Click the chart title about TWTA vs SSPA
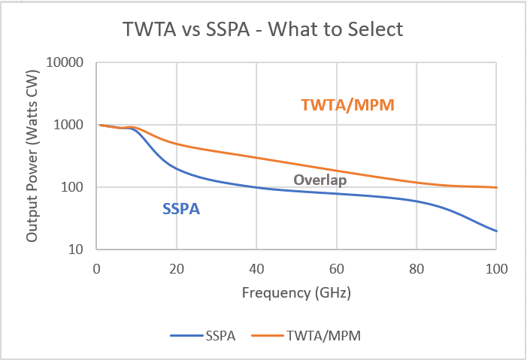pyautogui.click(x=264, y=30)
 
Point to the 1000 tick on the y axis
pyautogui.click(x=71, y=125)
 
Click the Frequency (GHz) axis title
pyautogui.click(x=296, y=292)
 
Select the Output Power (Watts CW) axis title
pyautogui.click(x=32, y=156)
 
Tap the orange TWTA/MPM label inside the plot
pyautogui.click(x=348, y=105)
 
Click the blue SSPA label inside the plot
pyautogui.click(x=181, y=209)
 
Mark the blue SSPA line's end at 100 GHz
pyautogui.click(x=496, y=231)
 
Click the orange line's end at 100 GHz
pyautogui.click(x=496, y=187)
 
